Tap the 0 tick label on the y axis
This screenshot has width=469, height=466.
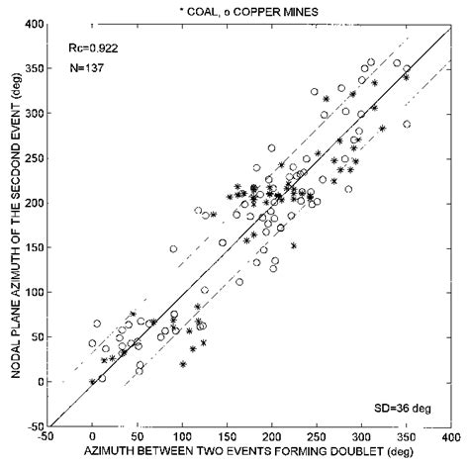click(37, 382)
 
